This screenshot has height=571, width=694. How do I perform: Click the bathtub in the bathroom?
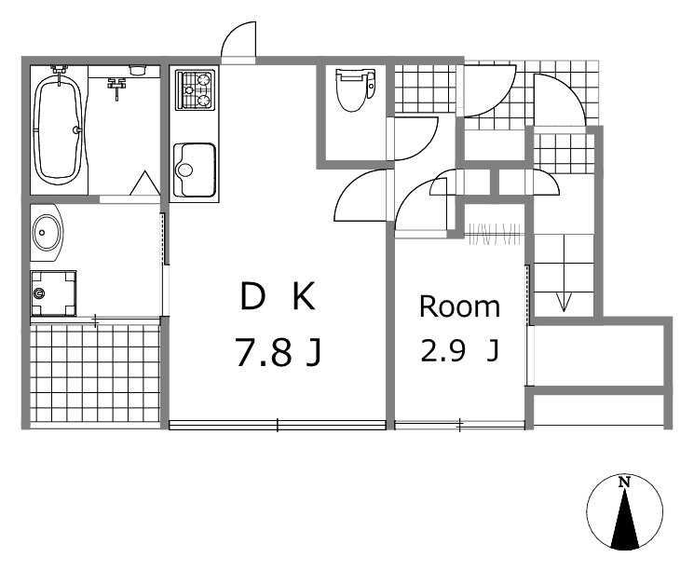59,129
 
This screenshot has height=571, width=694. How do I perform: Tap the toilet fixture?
356,89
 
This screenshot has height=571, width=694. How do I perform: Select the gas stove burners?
195,90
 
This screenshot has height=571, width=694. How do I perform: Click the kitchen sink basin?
195,170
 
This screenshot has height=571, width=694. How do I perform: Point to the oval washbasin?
47,232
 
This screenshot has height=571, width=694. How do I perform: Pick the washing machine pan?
53,293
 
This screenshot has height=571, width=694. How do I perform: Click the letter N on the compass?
624,482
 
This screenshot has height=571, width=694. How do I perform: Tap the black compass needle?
624,519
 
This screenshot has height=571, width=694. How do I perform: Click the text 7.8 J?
278,352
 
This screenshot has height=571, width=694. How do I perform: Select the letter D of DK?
252,296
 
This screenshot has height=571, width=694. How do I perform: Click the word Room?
459,306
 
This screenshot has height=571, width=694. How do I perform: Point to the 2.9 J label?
459,350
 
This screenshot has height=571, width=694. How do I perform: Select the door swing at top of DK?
238,40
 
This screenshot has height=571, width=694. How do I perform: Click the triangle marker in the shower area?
144,183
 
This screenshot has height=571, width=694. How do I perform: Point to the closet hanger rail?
496,233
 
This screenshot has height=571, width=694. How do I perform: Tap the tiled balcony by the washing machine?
95,374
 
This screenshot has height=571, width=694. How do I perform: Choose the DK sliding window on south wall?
278,426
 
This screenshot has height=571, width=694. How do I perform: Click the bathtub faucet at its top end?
60,70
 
